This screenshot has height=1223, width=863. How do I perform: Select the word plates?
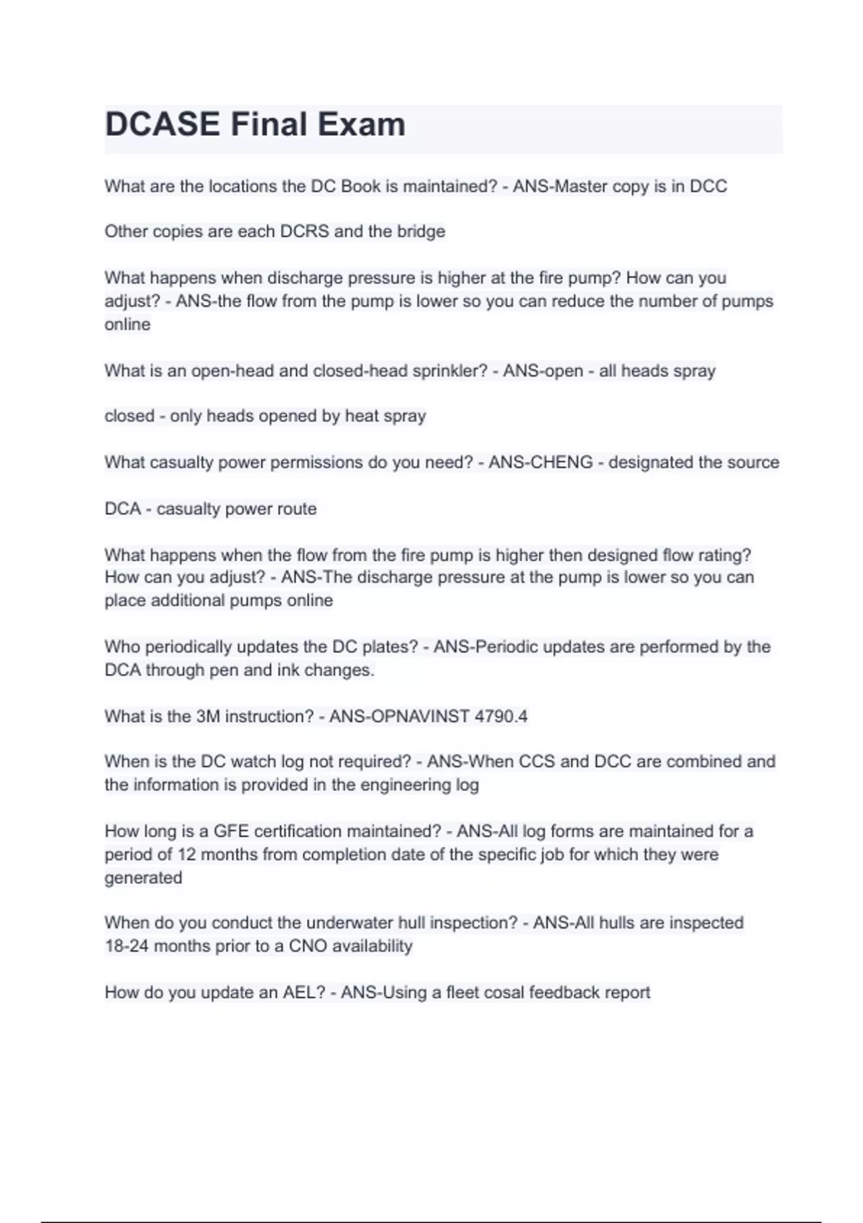tap(394, 647)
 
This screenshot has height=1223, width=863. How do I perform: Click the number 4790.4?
tap(501, 717)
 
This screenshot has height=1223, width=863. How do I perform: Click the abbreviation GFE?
tap(231, 832)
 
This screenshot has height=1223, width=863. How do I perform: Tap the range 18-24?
tap(127, 946)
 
